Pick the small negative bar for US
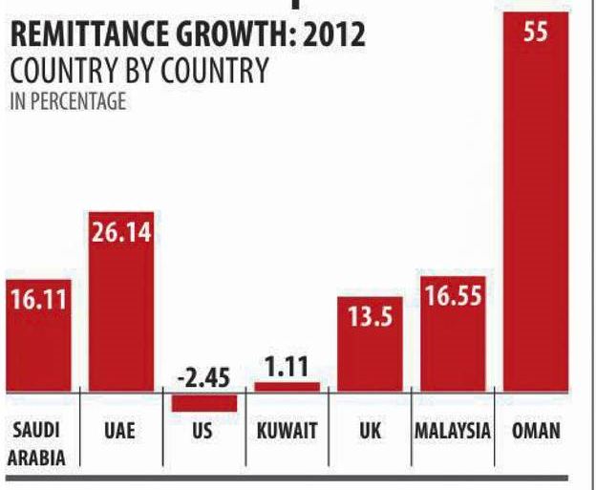point(203,402)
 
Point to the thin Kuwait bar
point(287,386)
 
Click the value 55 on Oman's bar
point(536,32)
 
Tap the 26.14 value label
point(121,231)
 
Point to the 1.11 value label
point(287,368)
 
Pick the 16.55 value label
point(452,295)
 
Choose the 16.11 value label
point(38,299)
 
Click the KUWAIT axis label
point(287,430)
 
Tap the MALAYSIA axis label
point(452,430)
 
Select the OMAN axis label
point(536,430)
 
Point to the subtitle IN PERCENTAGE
point(67,101)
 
